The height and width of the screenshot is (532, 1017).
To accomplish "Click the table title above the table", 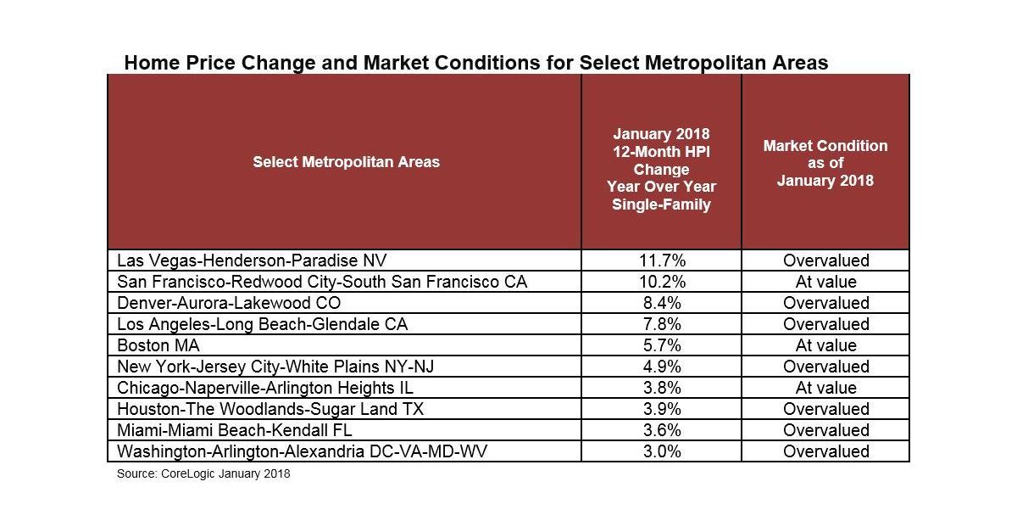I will [x=475, y=63].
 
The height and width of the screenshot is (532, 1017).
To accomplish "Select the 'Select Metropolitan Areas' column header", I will [x=346, y=161].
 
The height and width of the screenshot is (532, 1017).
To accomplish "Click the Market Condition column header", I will [x=825, y=163].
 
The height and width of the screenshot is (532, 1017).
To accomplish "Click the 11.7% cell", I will [x=661, y=260].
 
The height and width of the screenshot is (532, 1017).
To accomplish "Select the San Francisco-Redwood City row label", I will [x=322, y=282].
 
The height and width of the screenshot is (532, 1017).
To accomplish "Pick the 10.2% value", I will [x=661, y=282].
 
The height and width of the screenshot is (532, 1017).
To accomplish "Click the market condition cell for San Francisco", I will [x=825, y=282].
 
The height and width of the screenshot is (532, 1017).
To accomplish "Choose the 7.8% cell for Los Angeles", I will [x=661, y=324].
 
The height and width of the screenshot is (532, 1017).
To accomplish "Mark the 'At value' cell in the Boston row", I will [x=825, y=345].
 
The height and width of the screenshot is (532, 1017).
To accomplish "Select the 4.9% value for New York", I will [x=661, y=367].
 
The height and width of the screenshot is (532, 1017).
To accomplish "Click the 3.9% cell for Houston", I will [x=661, y=409].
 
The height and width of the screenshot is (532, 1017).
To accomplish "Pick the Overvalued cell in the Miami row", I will [x=825, y=430].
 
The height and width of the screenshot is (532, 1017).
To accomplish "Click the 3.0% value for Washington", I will [x=661, y=451].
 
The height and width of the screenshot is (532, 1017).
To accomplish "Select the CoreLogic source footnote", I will [x=203, y=474].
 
